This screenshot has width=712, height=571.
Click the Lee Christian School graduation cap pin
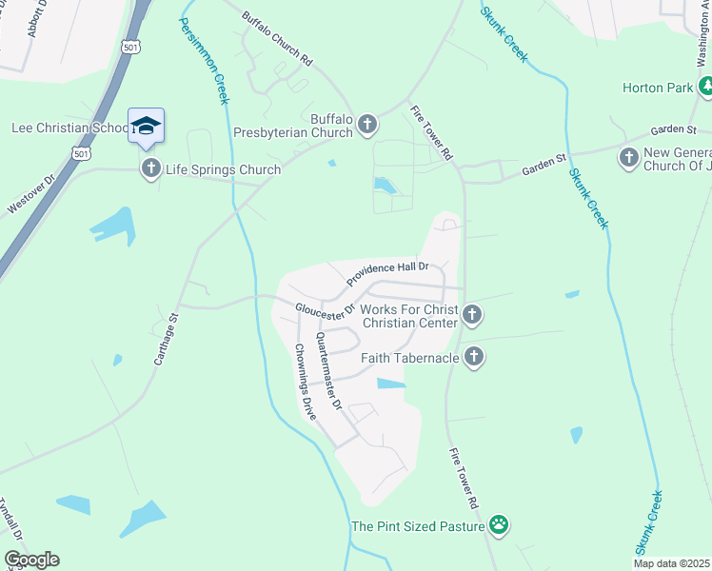point(146,126)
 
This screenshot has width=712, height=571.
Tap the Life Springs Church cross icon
point(150,169)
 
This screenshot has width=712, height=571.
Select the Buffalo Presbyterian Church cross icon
point(367,125)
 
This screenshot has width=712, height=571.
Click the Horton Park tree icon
point(705,88)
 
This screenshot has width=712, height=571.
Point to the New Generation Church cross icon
point(628,157)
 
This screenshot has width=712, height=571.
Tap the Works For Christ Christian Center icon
point(473,315)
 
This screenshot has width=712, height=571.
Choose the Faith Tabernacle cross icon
point(474,358)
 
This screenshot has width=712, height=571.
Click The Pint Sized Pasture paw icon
point(499,525)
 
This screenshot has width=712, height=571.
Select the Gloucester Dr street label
point(325,309)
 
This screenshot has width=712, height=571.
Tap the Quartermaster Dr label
point(328,371)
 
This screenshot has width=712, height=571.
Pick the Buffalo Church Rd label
point(277,38)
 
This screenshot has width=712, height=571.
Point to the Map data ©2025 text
point(671,563)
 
